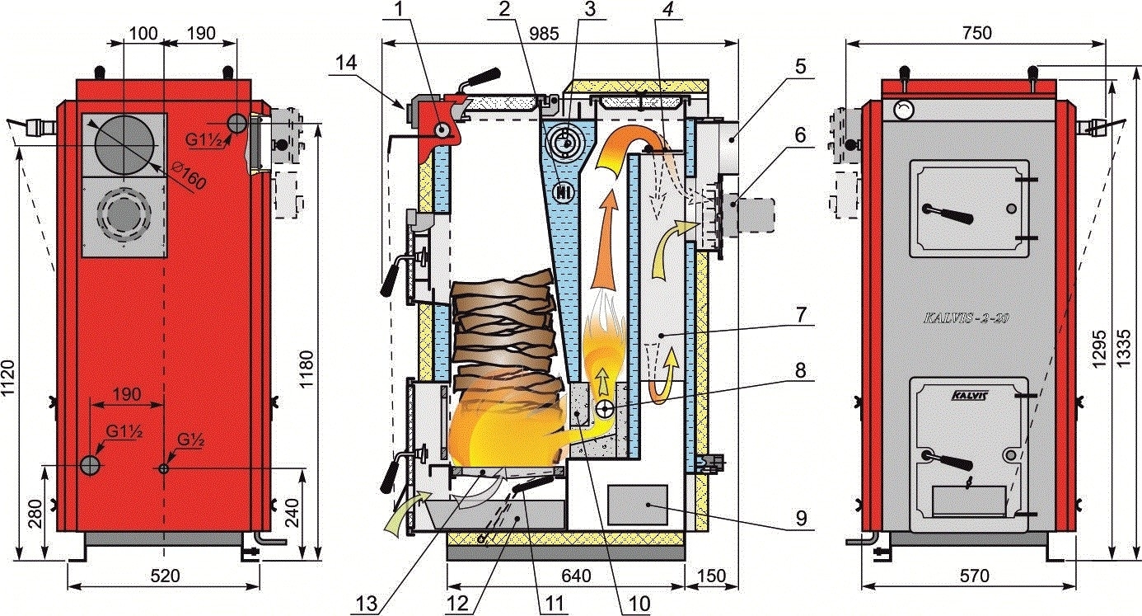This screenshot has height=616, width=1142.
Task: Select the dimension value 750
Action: [977, 32]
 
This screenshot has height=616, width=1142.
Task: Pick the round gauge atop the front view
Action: [904, 109]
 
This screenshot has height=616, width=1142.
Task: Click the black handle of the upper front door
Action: [952, 216]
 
